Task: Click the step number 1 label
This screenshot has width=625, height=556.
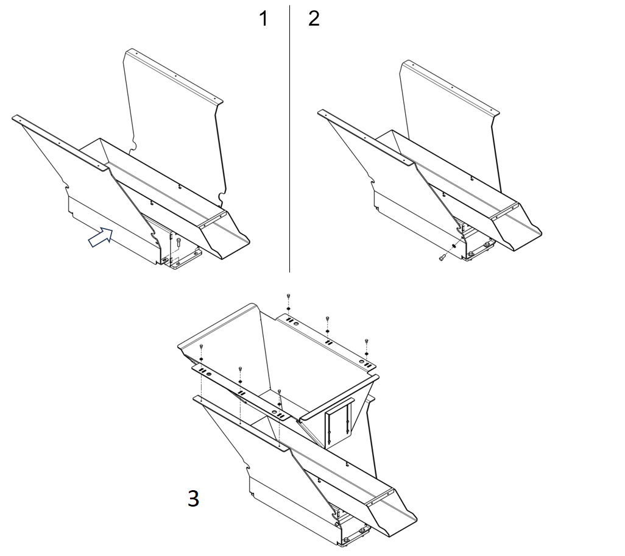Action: (263, 19)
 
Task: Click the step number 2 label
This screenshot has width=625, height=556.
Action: (314, 19)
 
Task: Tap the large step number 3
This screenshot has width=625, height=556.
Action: (193, 499)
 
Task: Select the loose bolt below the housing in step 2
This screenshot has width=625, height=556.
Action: (442, 258)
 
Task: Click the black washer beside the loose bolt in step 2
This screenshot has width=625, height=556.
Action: (454, 246)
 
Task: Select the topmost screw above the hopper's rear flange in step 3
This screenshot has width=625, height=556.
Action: (288, 296)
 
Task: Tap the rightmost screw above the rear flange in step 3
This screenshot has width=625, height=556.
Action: (367, 342)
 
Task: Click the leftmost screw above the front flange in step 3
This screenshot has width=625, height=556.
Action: (201, 347)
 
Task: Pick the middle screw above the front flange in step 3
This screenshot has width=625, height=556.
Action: (241, 370)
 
